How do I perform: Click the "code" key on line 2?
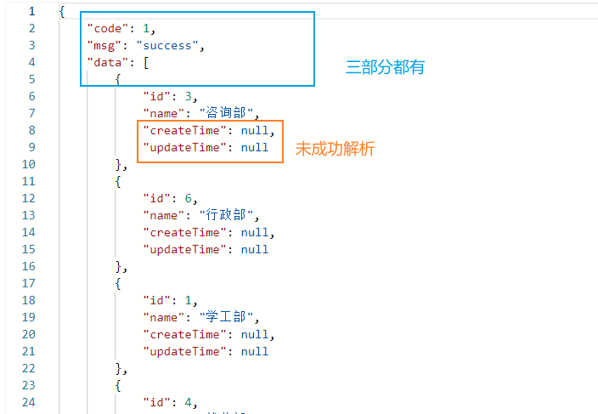(106, 28)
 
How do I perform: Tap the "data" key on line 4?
(106, 62)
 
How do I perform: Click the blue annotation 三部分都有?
(384, 67)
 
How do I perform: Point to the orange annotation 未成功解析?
(335, 149)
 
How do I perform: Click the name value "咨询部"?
(227, 113)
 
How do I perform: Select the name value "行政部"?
(227, 215)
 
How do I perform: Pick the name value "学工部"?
(227, 317)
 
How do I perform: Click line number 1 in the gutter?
(31, 11)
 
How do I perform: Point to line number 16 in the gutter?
(28, 266)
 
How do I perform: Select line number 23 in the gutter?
(28, 385)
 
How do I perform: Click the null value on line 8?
(256, 130)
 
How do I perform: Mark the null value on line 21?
(254, 351)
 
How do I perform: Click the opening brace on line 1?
(62, 11)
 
